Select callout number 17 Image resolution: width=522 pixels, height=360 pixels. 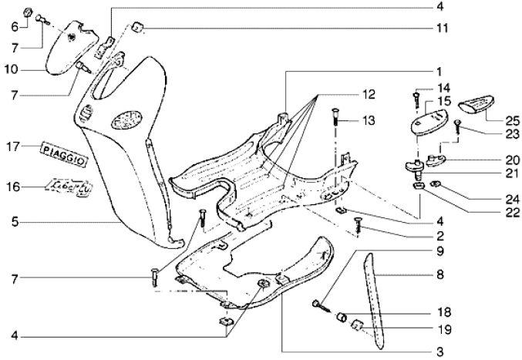[13, 146]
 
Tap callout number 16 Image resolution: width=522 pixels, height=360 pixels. [13, 187]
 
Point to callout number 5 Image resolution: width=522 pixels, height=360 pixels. [13, 224]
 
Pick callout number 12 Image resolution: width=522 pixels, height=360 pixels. [368, 94]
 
